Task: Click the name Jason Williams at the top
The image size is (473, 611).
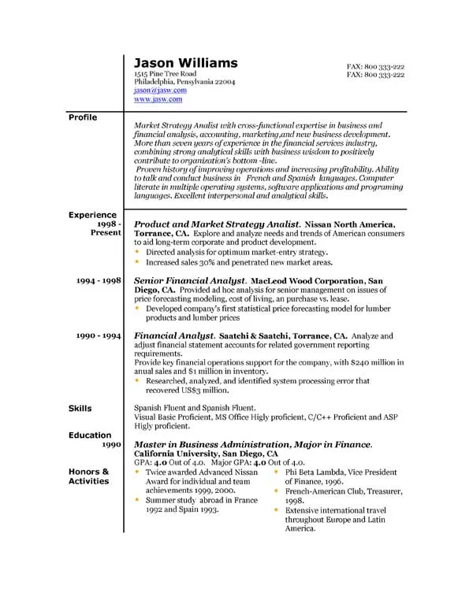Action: (185, 62)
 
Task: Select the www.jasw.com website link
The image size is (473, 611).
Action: (158, 100)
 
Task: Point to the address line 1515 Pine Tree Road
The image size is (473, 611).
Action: (165, 73)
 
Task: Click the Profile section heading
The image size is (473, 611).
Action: (83, 117)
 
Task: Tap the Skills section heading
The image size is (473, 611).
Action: (80, 409)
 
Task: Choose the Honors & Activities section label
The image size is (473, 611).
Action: (88, 476)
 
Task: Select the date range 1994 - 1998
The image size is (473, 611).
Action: (99, 280)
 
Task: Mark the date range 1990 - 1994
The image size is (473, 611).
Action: (99, 335)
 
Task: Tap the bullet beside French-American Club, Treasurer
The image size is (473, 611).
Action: (276, 491)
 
